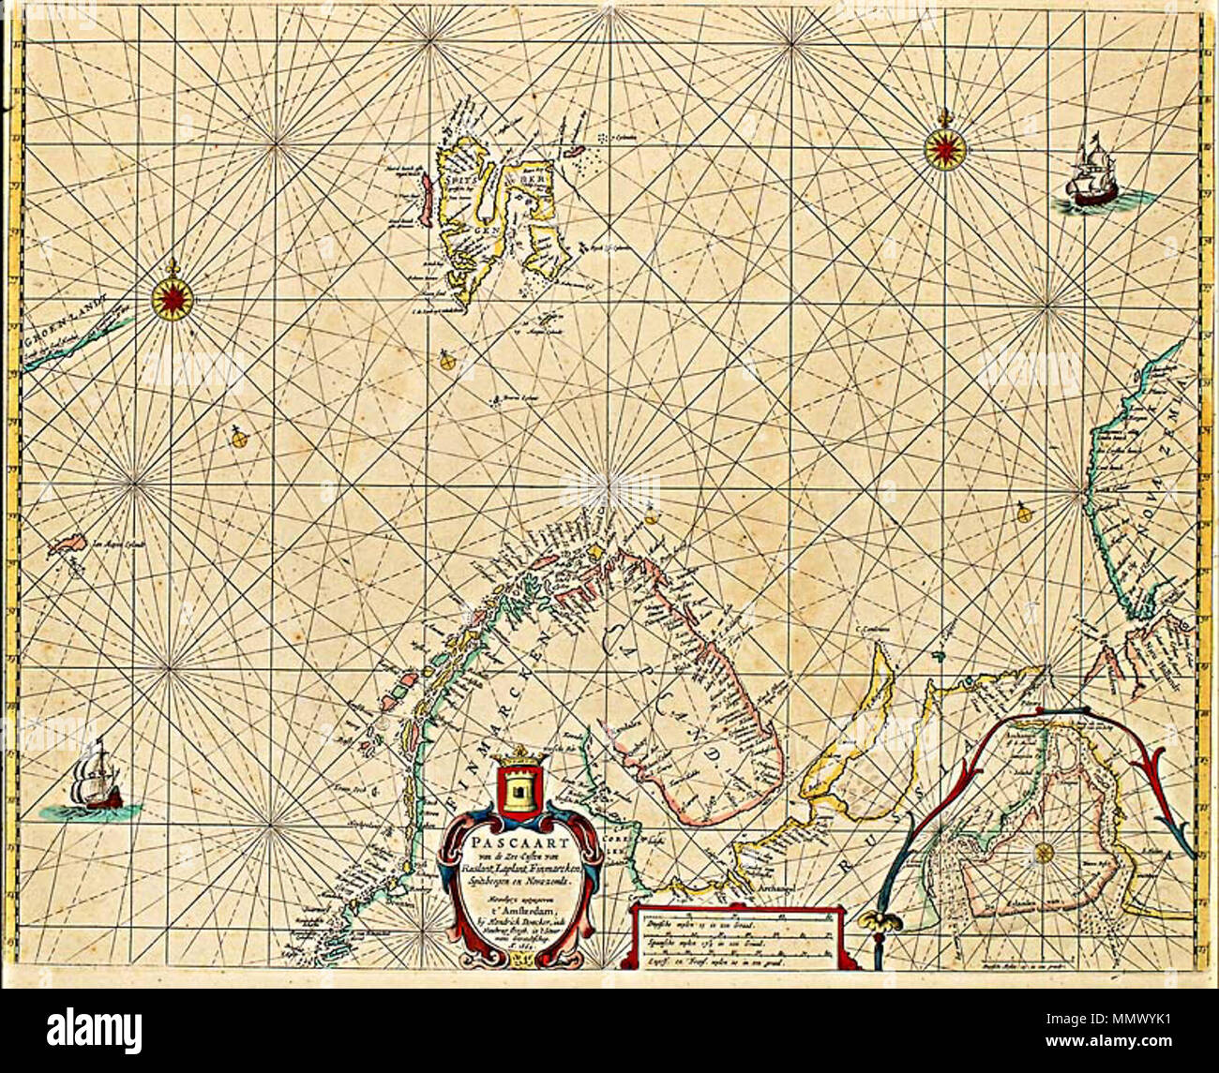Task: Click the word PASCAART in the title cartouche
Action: pos(519,839)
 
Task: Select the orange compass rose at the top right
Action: pos(944,148)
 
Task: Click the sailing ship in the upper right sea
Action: pos(1091,177)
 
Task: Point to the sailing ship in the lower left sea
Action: pos(96,778)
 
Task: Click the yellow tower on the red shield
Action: pos(519,788)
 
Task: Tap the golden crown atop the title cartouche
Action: pos(518,754)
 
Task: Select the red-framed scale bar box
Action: pos(741,935)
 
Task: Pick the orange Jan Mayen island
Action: pos(66,544)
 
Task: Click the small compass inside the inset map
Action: pos(1043,853)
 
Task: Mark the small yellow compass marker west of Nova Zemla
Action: pos(1023,513)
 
